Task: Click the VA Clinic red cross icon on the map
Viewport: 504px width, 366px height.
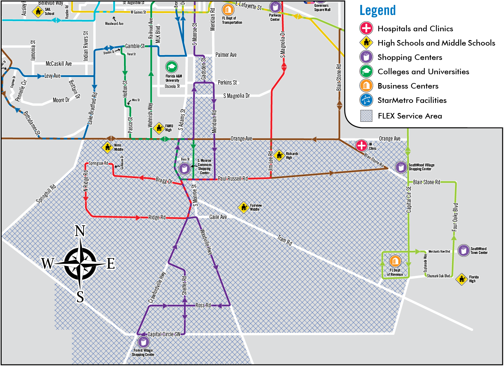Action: tap(361, 145)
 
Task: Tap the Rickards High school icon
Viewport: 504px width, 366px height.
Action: tap(279, 155)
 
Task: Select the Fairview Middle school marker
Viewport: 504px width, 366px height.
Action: tap(243, 207)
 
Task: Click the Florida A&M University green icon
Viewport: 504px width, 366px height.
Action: tap(171, 67)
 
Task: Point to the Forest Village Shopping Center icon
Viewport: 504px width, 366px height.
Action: tap(143, 342)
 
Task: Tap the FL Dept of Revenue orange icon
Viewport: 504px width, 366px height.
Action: tap(395, 261)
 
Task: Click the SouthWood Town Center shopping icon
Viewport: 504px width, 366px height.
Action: tap(464, 250)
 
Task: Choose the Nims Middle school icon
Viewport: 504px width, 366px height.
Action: tap(107, 148)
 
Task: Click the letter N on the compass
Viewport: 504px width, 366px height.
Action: tap(80, 231)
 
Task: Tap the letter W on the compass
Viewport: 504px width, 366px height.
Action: tap(48, 263)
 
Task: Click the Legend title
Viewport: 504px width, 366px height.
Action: tap(377, 10)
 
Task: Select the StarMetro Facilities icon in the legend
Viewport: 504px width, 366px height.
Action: tap(366, 100)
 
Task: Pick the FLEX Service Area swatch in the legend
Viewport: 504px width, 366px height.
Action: tap(366, 116)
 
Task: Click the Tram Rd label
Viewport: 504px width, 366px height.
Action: tap(285, 240)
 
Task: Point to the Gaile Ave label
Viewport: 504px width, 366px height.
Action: tap(218, 217)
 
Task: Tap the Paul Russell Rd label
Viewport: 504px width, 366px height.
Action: tap(233, 178)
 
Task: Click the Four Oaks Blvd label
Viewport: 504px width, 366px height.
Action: tap(455, 217)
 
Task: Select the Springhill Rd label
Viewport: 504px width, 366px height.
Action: tap(46, 194)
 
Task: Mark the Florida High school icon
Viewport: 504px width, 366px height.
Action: tap(462, 279)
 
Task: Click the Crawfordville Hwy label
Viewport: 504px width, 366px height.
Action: tap(157, 288)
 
